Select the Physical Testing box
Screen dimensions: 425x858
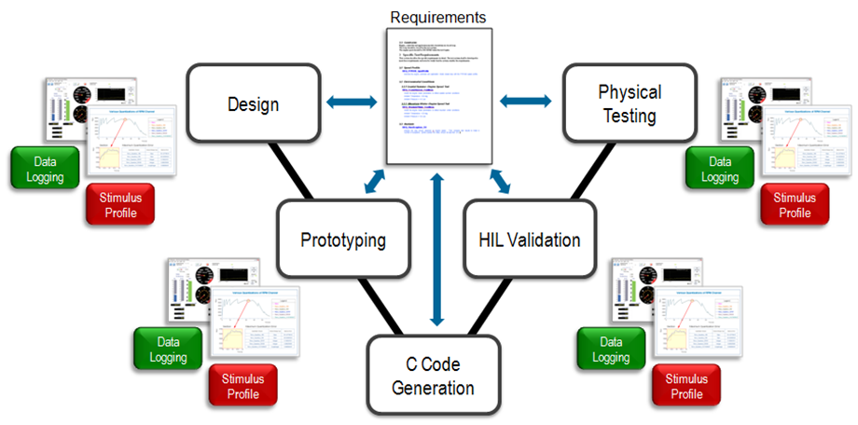(x=630, y=104)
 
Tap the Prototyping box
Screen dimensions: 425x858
(x=344, y=240)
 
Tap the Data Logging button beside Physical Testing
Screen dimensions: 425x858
(x=720, y=169)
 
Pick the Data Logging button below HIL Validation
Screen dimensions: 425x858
(x=609, y=349)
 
